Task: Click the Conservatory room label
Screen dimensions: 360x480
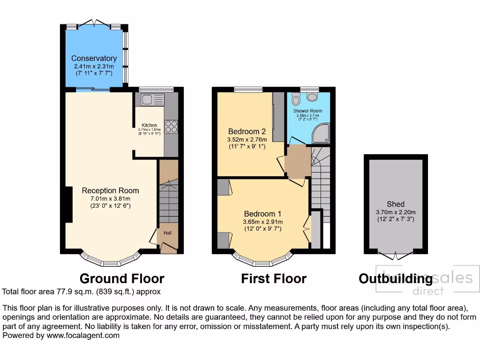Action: (x=94, y=59)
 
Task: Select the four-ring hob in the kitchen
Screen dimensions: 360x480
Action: (x=171, y=127)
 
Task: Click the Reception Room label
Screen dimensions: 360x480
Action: (x=110, y=190)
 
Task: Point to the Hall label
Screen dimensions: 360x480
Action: (x=167, y=232)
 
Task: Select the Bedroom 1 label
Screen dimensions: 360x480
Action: (x=262, y=214)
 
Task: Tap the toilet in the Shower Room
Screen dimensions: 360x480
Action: (x=296, y=99)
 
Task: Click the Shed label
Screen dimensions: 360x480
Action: (x=396, y=204)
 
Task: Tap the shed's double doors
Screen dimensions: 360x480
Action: (x=396, y=255)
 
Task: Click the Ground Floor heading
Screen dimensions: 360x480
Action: (x=122, y=278)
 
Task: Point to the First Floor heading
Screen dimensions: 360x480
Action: (x=274, y=278)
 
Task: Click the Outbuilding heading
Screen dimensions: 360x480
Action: (x=395, y=279)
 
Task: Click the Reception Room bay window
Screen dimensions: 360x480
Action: (x=111, y=261)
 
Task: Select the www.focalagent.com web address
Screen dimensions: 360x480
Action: (x=82, y=335)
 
